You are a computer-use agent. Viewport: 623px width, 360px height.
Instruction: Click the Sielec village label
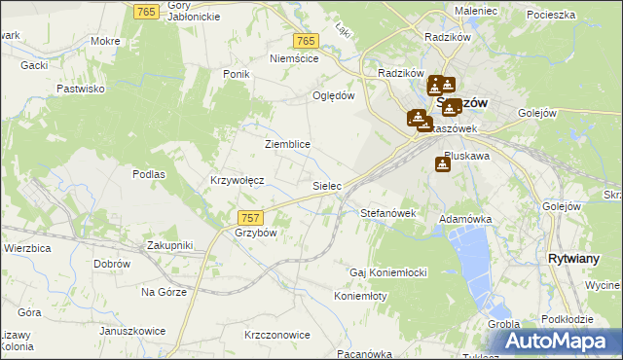(x=325, y=185)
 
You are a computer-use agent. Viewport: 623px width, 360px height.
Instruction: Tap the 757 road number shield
(x=249, y=217)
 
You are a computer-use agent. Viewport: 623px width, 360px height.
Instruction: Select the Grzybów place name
(x=256, y=234)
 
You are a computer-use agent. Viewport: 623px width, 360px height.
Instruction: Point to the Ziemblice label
(x=287, y=144)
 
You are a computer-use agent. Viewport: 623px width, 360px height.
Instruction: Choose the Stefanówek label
(x=388, y=213)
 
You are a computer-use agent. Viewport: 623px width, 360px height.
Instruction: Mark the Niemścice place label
(x=294, y=58)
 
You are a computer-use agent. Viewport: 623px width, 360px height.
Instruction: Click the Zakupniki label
(x=170, y=245)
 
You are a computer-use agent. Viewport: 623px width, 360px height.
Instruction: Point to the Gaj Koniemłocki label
(x=389, y=271)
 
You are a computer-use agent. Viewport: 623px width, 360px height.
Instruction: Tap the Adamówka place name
(x=465, y=220)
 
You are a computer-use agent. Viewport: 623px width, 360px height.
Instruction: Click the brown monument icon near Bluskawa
(x=443, y=165)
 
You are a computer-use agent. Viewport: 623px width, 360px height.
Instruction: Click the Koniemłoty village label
(x=361, y=296)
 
